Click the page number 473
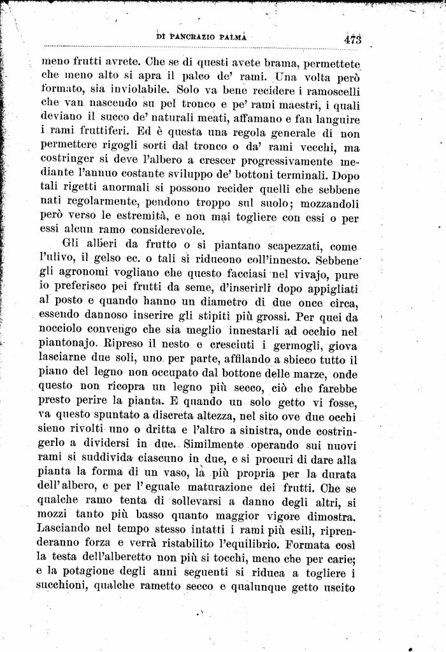pyautogui.click(x=351, y=38)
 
